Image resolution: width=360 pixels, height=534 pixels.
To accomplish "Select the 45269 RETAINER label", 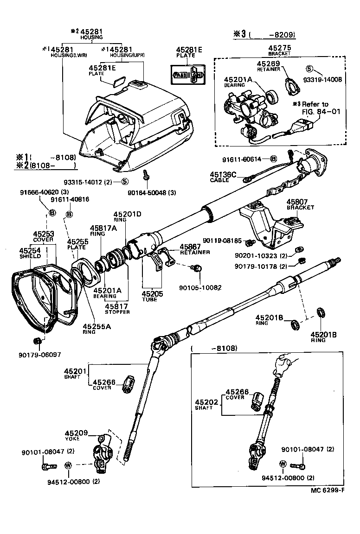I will click(x=269, y=66).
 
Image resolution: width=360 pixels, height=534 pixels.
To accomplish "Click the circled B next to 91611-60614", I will click(x=274, y=159).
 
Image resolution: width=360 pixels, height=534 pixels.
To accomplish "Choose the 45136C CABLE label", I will click(x=223, y=177).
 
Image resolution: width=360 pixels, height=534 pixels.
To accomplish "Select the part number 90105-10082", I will click(x=200, y=288).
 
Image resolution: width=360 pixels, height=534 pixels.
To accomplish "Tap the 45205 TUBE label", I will click(x=149, y=296).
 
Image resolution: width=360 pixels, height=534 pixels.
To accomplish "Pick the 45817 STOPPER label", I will click(x=117, y=308).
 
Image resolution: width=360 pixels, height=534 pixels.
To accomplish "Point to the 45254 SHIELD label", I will click(x=30, y=253).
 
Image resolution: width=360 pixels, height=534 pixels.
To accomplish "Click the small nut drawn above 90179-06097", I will click(x=37, y=342).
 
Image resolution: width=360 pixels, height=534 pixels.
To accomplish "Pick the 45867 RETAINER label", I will click(x=194, y=249).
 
